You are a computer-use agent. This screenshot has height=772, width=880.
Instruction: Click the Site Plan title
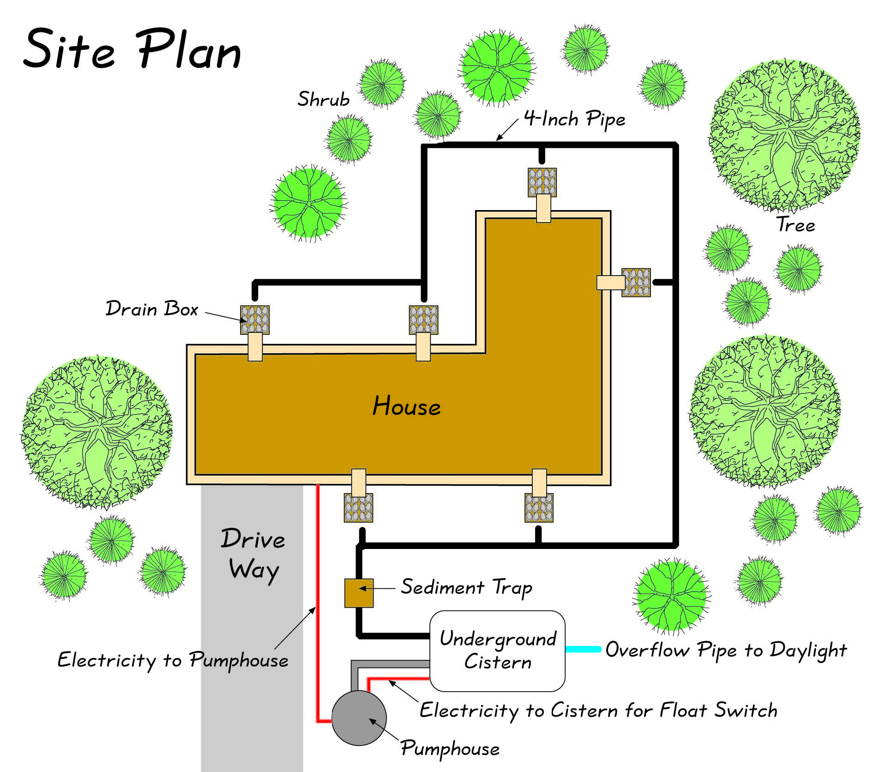coord(132,49)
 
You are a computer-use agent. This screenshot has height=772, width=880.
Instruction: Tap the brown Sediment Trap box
coord(359,593)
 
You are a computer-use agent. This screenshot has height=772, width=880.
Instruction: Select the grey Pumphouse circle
coord(358,718)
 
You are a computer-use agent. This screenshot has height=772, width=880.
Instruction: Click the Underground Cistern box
coord(497,651)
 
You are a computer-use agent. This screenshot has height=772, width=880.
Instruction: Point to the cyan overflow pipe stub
coord(583,649)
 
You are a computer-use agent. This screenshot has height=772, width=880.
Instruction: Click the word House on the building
coord(406,406)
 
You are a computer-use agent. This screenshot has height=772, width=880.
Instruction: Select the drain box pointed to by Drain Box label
coord(254,320)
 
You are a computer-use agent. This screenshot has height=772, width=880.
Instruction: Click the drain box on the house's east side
coord(636,282)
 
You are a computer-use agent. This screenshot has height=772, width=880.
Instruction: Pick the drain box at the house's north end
coord(542,182)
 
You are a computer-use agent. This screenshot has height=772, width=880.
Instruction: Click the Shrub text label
coord(323,99)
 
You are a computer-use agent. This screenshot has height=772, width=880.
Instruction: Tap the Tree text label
coord(796,225)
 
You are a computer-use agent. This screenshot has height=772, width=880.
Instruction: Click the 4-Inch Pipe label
coord(574,119)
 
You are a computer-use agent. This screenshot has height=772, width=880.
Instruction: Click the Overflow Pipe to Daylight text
coord(726,650)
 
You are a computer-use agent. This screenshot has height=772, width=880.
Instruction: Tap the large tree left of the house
coord(96,432)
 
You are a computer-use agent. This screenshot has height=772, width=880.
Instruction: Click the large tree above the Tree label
coord(784,135)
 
